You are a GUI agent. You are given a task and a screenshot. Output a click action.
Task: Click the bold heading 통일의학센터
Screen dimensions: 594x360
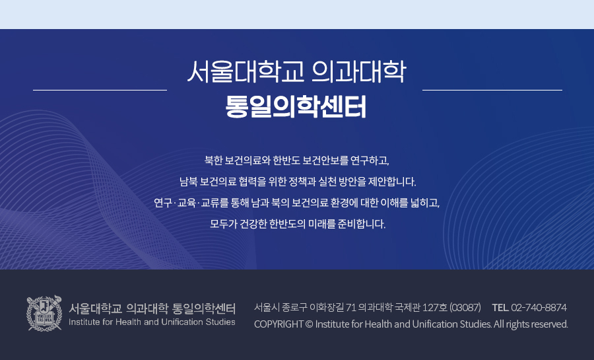click(x=296, y=107)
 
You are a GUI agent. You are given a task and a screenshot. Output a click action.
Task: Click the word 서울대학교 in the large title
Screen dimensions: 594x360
click(x=246, y=71)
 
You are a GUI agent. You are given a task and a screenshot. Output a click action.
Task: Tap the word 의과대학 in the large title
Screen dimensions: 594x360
click(x=358, y=71)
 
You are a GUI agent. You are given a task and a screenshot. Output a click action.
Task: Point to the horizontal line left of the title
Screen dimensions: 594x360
click(x=100, y=90)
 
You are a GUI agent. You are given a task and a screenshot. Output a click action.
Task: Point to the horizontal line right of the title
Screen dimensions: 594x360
click(x=492, y=90)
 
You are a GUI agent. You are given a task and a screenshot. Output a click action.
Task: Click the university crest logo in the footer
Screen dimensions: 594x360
click(x=44, y=313)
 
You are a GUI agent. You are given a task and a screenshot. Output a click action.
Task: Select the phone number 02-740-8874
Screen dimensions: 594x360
click(x=539, y=307)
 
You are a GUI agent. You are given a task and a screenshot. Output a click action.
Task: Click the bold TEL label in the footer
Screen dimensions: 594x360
click(x=500, y=307)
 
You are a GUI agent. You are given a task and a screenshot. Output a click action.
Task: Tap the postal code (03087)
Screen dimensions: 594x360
click(x=465, y=307)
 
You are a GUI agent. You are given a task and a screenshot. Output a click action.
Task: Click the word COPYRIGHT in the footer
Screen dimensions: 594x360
click(x=279, y=324)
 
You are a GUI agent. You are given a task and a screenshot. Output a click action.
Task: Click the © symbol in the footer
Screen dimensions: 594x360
click(x=309, y=324)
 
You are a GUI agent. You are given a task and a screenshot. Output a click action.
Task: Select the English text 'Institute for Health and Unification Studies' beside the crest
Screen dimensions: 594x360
click(x=152, y=322)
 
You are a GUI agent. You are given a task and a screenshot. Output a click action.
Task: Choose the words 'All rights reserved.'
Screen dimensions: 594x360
click(x=531, y=324)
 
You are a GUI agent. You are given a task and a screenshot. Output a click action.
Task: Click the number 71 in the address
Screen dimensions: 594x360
click(x=351, y=307)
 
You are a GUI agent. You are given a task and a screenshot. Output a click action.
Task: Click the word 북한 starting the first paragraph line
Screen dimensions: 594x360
click(x=214, y=161)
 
